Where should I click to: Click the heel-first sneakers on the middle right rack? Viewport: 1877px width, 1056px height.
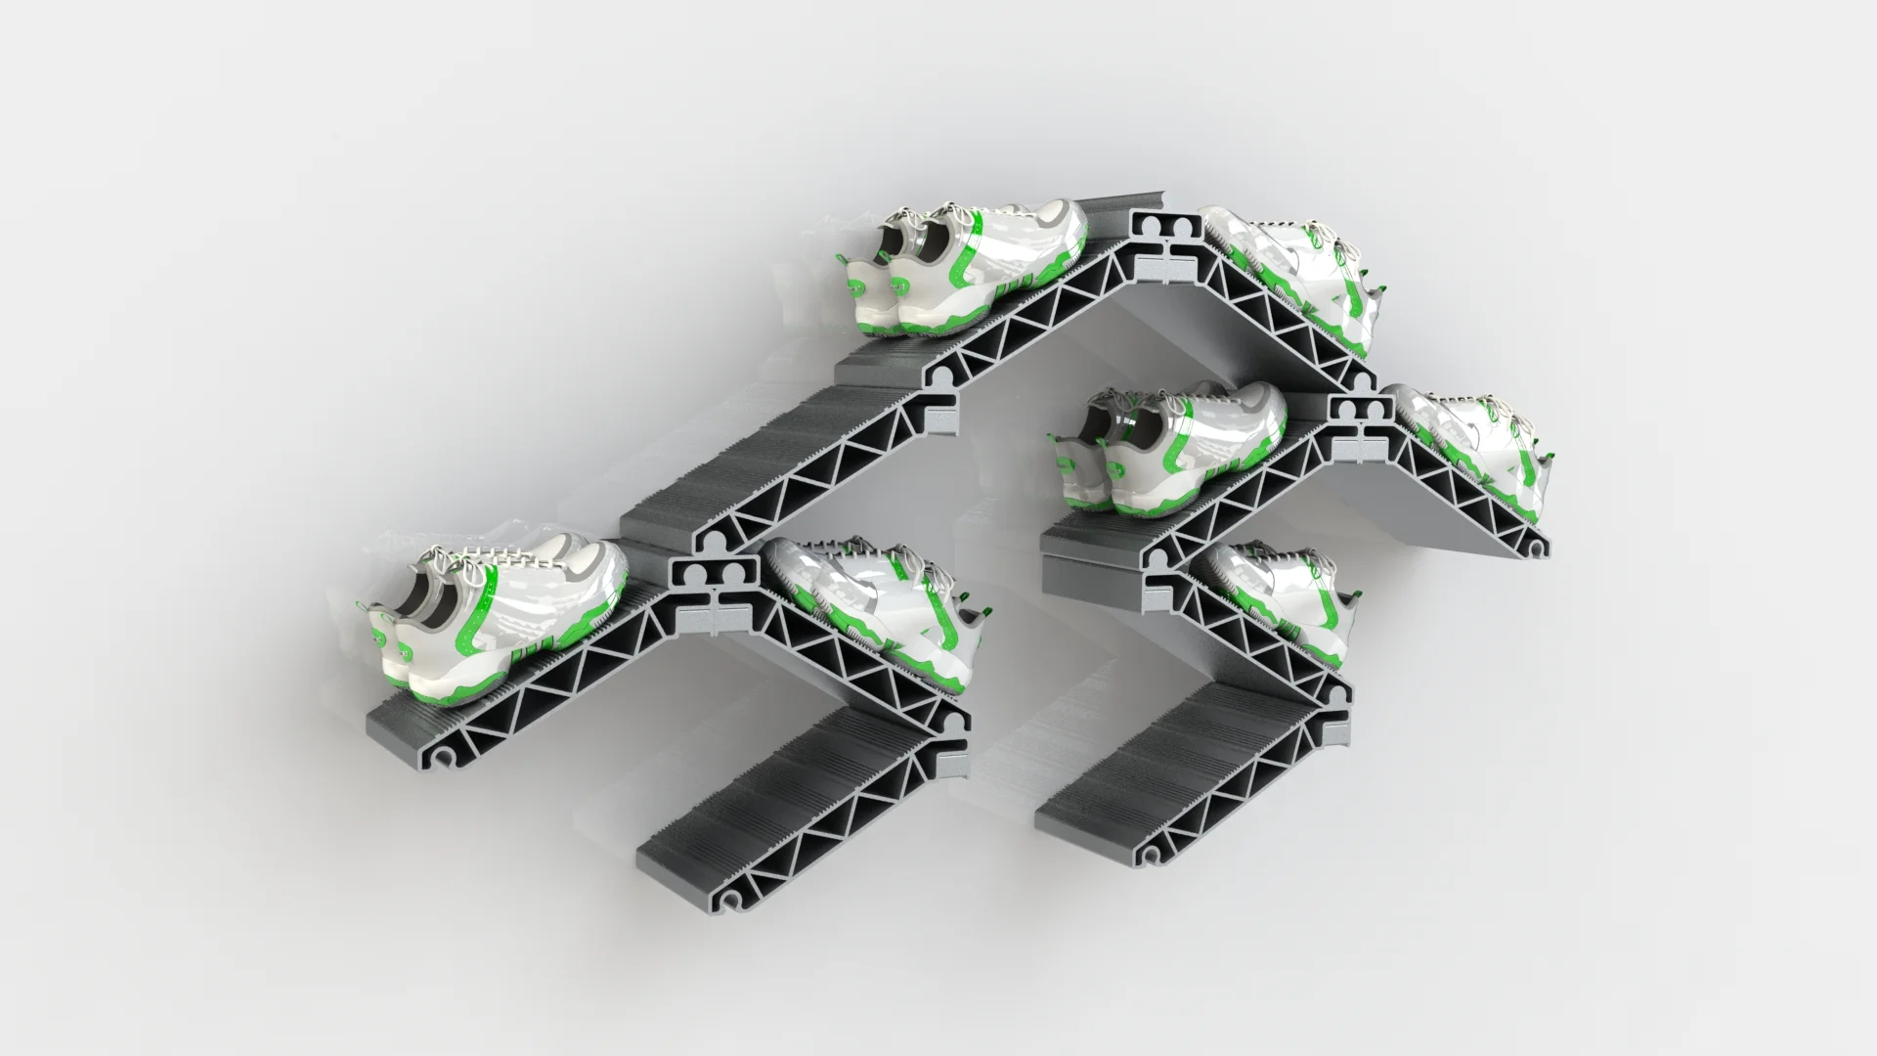pos(1173,445)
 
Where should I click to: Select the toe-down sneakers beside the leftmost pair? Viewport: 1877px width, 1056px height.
pos(870,616)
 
